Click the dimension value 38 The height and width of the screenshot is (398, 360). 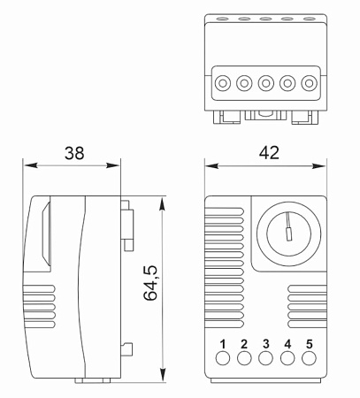point(74,153)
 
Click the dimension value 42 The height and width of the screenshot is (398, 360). point(269,153)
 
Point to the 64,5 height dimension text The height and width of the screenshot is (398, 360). point(150,283)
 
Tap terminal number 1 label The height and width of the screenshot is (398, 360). point(223,344)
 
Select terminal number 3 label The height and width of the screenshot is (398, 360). point(266,344)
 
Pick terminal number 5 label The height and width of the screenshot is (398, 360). point(309,344)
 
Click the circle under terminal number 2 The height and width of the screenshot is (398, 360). point(244,358)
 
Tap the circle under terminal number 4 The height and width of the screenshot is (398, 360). point(287,358)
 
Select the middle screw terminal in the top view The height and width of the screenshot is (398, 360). point(266,83)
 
